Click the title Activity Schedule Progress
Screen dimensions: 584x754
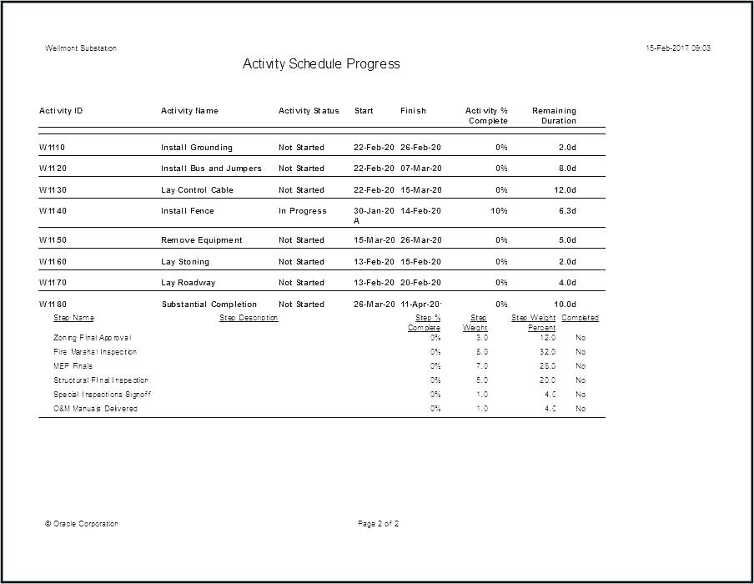click(321, 64)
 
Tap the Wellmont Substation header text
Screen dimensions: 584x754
click(81, 48)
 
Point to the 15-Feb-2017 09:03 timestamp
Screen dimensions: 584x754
click(678, 48)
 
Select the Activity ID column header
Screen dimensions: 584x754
click(61, 111)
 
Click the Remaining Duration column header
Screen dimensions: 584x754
click(554, 116)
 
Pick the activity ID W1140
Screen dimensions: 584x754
click(53, 211)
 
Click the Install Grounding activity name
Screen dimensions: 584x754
click(197, 148)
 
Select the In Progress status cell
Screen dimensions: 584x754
click(303, 211)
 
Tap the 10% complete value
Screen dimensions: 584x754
click(499, 211)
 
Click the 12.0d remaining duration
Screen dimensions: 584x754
click(565, 190)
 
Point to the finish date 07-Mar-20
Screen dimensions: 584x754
click(420, 169)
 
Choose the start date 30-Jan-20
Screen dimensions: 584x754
click(374, 211)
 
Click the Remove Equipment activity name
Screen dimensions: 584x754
click(202, 240)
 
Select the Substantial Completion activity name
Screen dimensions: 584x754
click(209, 305)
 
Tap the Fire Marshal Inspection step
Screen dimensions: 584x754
click(95, 352)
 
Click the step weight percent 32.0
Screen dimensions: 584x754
click(547, 352)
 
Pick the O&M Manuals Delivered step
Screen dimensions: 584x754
click(95, 409)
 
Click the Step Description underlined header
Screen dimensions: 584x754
click(249, 318)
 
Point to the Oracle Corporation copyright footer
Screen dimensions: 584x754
click(82, 524)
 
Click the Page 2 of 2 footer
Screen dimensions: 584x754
click(379, 524)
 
